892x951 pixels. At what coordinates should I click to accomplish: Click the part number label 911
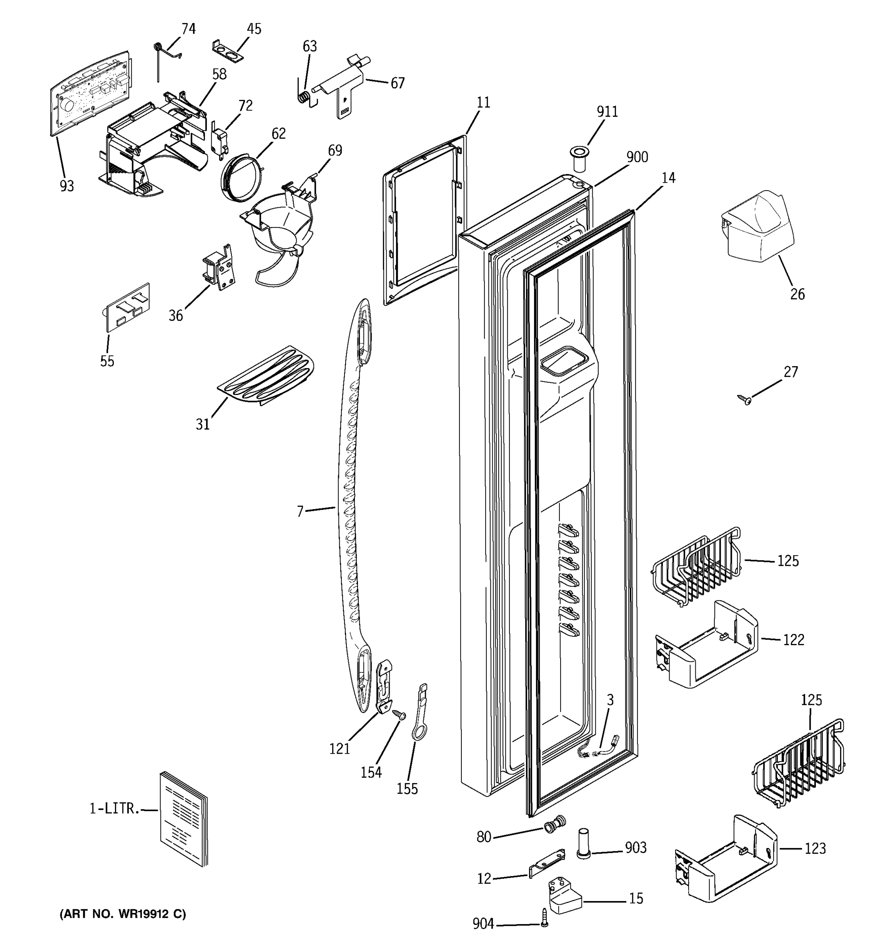point(607,112)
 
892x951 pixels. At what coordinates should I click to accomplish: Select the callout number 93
point(67,186)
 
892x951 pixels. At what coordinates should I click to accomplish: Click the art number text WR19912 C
point(123,914)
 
